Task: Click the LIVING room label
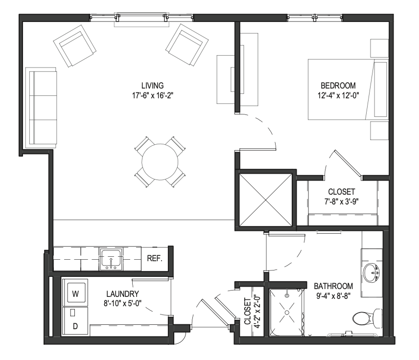pos(152,86)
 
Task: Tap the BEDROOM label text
pos(338,86)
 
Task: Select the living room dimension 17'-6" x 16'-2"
pos(153,95)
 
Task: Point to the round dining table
pos(160,162)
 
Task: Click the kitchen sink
pos(111,259)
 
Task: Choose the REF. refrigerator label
pos(155,259)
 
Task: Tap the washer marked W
pos(75,294)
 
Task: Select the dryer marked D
pos(75,321)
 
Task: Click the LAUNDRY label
pos(123,294)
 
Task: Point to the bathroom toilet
pos(368,318)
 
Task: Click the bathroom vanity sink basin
pos(371,272)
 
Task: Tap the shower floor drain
pos(287,313)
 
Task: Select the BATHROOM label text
pos(333,286)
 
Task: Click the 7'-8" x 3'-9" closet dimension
pos(342,202)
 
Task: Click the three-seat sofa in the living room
pos(41,108)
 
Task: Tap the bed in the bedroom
pos(348,89)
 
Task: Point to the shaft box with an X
pos(265,200)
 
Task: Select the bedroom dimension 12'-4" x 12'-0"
pos(338,95)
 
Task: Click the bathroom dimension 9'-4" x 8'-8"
pos(333,296)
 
